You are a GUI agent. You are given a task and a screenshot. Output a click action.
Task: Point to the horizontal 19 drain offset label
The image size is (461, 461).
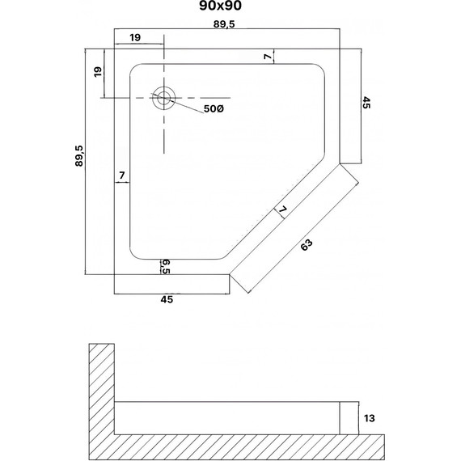click(x=135, y=37)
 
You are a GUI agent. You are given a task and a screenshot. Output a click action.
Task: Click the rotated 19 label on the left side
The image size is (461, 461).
click(x=98, y=72)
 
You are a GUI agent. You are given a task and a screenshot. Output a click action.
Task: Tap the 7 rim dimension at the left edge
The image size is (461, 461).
click(x=121, y=176)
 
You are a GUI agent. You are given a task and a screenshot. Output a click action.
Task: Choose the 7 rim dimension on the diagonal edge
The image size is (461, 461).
click(x=282, y=213)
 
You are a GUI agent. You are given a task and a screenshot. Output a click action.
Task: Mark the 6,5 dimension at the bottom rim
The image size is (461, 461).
click(x=165, y=266)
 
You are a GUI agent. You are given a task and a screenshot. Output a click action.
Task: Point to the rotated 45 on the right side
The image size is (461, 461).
click(x=366, y=103)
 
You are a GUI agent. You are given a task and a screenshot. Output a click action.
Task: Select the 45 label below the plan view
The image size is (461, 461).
click(x=167, y=299)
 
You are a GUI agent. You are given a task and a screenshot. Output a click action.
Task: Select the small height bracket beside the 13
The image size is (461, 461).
click(x=349, y=418)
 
